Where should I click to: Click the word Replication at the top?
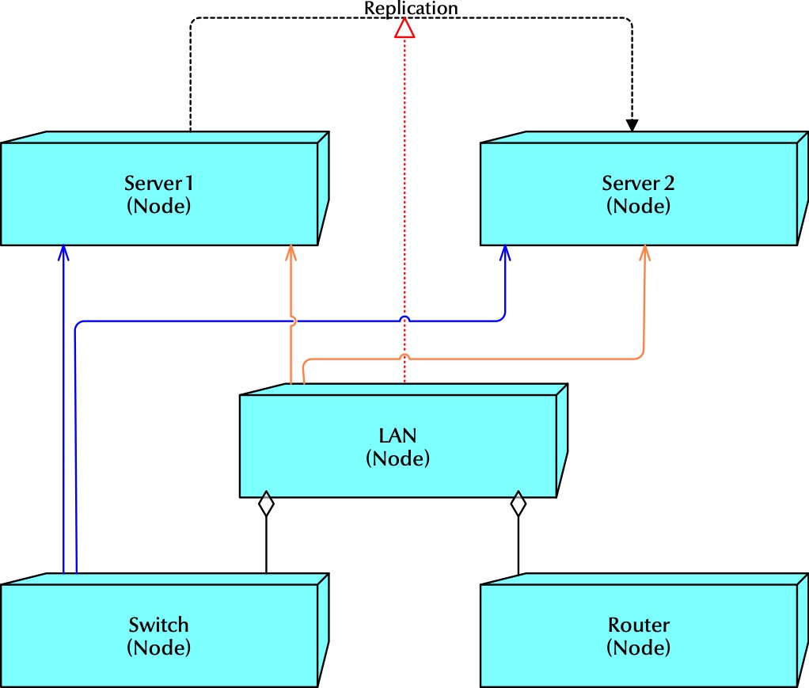click(411, 8)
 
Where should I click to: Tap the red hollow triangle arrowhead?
click(405, 29)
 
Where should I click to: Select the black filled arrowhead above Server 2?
click(632, 124)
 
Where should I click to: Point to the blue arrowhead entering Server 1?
click(63, 253)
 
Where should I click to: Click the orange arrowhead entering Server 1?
click(291, 253)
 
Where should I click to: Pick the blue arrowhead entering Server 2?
click(505, 253)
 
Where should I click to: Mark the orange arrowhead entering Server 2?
click(644, 253)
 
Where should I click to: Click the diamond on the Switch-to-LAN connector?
click(266, 504)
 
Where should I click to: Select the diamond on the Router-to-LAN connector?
click(518, 504)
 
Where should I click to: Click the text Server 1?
click(159, 184)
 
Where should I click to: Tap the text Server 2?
click(638, 184)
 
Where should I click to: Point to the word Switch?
click(158, 625)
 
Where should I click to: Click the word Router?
click(638, 625)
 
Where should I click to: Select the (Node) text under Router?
click(638, 647)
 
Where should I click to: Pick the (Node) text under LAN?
click(397, 458)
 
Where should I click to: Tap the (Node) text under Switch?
click(158, 647)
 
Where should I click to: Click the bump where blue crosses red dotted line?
click(405, 318)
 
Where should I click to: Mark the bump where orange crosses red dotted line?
click(405, 356)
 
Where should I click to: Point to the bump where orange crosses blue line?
click(291, 320)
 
